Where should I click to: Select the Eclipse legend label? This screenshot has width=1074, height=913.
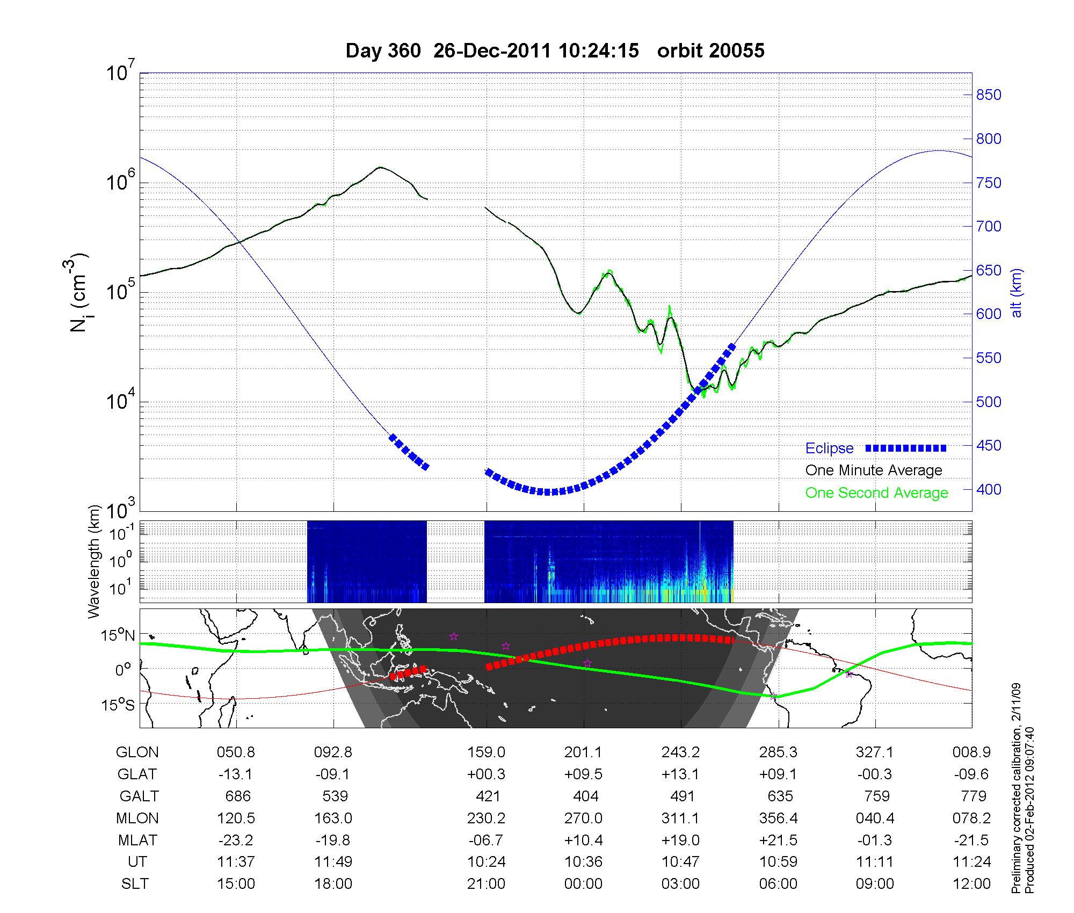(x=829, y=448)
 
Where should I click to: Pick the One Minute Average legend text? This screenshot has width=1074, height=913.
(x=874, y=470)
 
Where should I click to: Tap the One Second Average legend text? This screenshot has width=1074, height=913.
(x=876, y=493)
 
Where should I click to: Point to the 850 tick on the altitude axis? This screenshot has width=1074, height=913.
(x=989, y=95)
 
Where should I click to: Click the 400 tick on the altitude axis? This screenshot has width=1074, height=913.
(x=989, y=490)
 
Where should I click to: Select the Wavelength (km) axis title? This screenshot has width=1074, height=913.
(x=95, y=562)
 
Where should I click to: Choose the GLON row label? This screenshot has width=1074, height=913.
(x=137, y=752)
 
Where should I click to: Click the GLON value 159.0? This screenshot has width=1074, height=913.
(x=486, y=752)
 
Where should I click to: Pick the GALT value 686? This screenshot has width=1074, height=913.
(x=236, y=796)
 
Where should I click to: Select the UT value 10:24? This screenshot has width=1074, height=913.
(x=486, y=862)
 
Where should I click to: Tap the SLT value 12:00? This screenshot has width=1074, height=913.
(x=972, y=884)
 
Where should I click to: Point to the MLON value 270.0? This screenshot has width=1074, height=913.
(x=583, y=818)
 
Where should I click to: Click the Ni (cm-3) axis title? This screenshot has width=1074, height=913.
(x=79, y=293)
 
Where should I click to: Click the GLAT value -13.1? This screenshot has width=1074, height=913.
(x=236, y=774)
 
